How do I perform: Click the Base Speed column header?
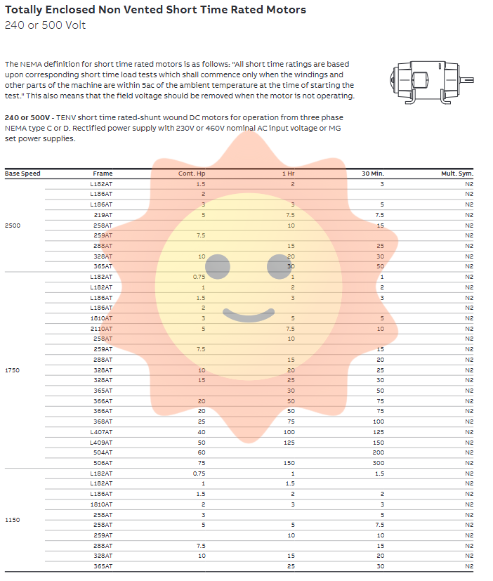click(22, 173)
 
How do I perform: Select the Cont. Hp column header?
click(191, 173)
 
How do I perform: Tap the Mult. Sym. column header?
click(457, 173)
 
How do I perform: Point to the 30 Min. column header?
click(373, 173)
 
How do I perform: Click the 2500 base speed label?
click(13, 225)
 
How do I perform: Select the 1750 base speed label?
click(13, 370)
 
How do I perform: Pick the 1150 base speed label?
click(13, 520)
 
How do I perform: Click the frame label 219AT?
click(103, 214)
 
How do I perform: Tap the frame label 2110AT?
click(102, 328)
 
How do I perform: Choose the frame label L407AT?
click(101, 431)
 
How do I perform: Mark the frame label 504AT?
click(103, 452)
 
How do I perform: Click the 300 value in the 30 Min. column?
click(379, 463)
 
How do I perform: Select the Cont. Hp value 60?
click(202, 452)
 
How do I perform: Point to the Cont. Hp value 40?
click(202, 431)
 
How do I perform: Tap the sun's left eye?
click(218, 266)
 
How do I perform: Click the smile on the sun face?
click(249, 315)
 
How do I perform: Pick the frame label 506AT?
click(103, 463)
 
